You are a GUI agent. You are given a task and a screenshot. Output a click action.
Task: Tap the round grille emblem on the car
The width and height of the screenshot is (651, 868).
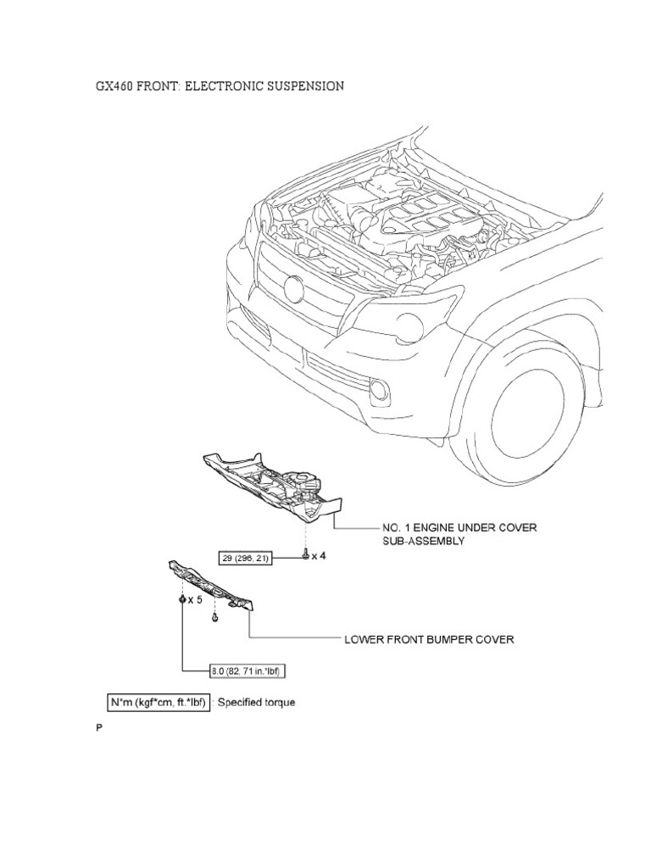pos(294,289)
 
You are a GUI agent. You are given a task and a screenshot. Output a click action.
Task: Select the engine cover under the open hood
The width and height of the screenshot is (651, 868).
pos(415,213)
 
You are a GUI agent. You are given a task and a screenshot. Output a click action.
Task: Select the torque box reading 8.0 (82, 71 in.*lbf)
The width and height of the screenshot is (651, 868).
pos(246,672)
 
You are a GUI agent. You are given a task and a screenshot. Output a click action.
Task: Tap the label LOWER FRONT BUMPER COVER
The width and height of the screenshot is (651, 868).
pos(428,639)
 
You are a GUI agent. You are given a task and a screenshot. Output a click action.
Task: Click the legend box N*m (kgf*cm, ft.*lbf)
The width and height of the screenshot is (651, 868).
pos(158,703)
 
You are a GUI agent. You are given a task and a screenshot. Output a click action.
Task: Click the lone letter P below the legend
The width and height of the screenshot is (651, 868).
pos(98,728)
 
